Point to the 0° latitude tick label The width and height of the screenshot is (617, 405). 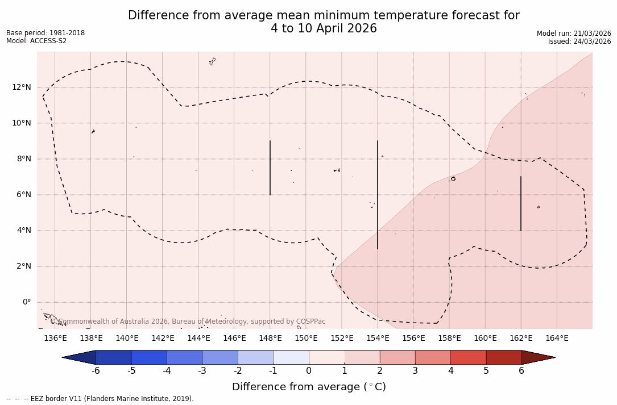point(26,302)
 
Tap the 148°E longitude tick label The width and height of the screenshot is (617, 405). point(270,339)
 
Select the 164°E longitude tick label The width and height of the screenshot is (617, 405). point(557,339)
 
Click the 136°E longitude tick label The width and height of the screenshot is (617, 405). point(55,339)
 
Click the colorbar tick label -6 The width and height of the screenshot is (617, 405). point(96,371)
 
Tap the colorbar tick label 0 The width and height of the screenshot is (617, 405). point(309,371)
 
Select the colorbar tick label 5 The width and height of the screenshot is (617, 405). point(486,371)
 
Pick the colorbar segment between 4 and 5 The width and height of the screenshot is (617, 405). point(468,357)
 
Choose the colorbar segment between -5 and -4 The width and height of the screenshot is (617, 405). point(150,357)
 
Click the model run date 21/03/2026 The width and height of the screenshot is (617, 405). point(591,34)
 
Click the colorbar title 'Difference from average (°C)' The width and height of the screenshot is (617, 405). point(309,387)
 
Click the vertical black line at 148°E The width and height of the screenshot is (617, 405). point(270,168)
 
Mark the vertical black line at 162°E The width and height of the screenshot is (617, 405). point(521,203)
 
